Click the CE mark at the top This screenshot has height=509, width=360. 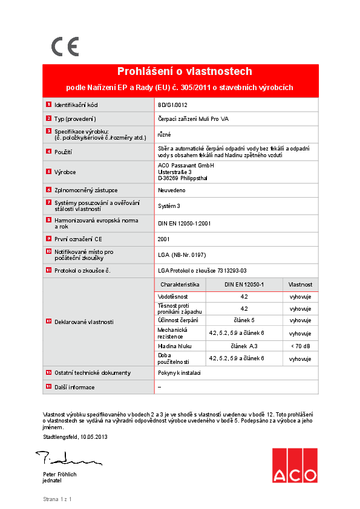64,47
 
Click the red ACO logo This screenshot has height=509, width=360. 294,466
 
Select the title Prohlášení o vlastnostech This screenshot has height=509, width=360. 184,71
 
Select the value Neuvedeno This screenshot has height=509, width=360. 171,190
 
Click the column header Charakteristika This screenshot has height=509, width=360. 180,284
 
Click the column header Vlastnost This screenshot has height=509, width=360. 300,284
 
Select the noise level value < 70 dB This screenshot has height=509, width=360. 300,346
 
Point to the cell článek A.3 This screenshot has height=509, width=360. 244,346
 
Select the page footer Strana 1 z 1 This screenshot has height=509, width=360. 57,499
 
